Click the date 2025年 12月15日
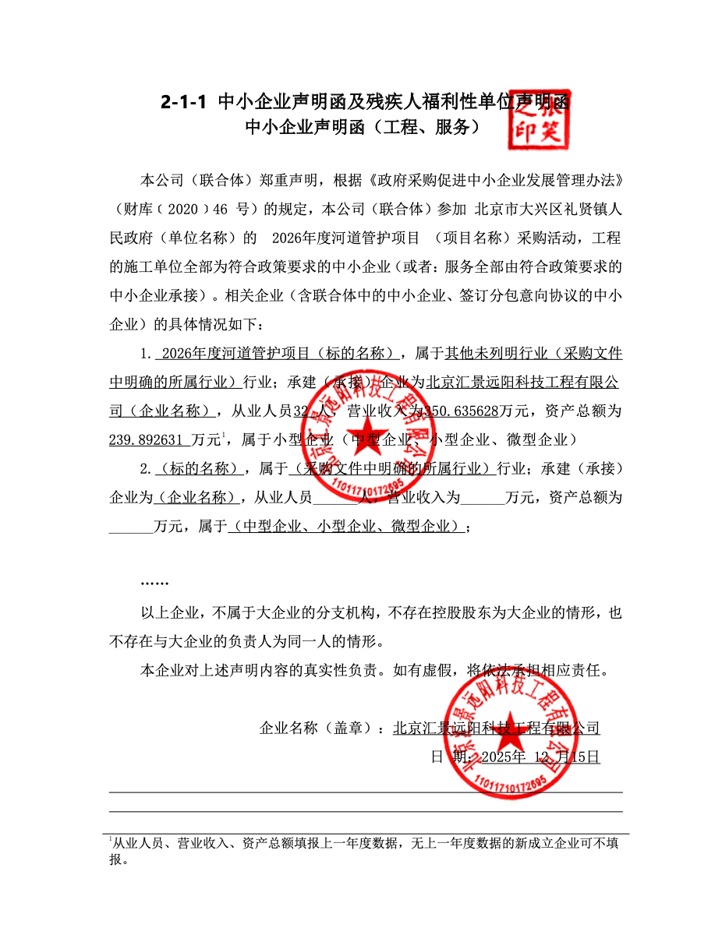click(x=540, y=757)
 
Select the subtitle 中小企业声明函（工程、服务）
click(x=362, y=128)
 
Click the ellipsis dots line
click(x=154, y=582)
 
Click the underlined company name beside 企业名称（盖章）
click(x=496, y=729)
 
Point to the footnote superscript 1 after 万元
click(x=224, y=435)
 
